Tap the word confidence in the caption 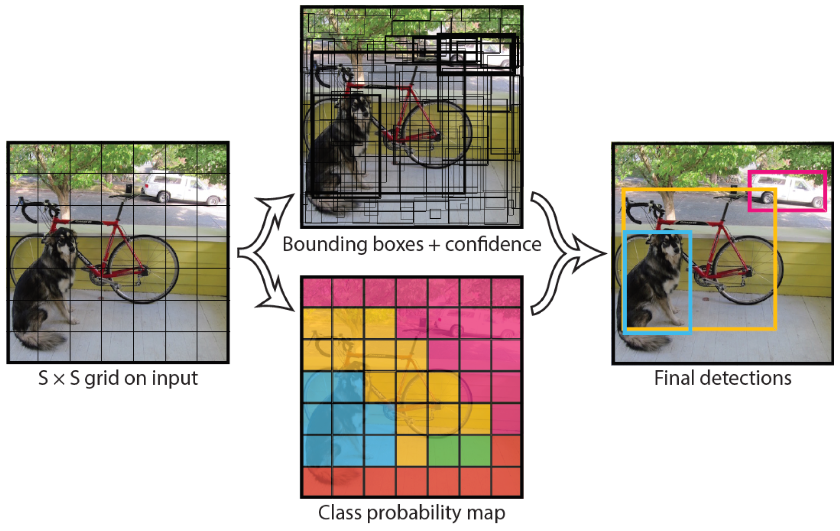[493, 245]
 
